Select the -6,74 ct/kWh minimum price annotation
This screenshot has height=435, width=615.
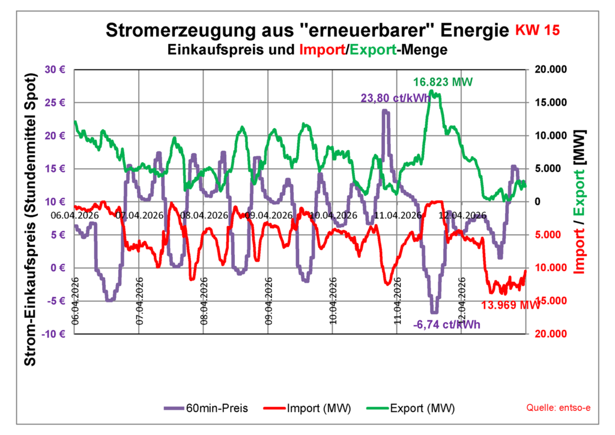447,325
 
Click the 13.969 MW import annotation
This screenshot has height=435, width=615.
510,305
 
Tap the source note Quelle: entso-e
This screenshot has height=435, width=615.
558,409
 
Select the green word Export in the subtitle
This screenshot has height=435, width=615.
373,50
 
